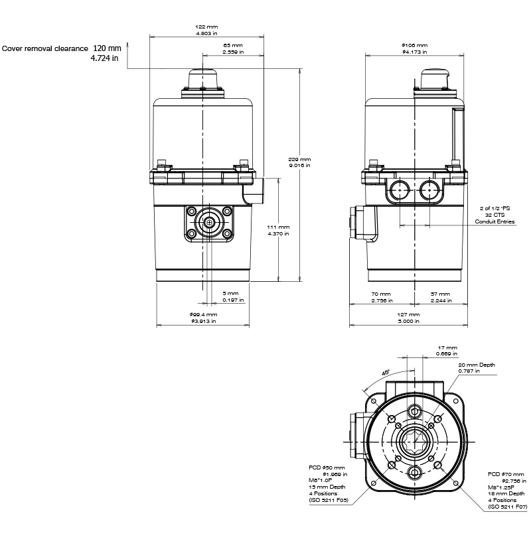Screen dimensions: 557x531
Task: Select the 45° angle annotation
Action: (x=386, y=373)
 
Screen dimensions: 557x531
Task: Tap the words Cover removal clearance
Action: (x=45, y=48)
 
